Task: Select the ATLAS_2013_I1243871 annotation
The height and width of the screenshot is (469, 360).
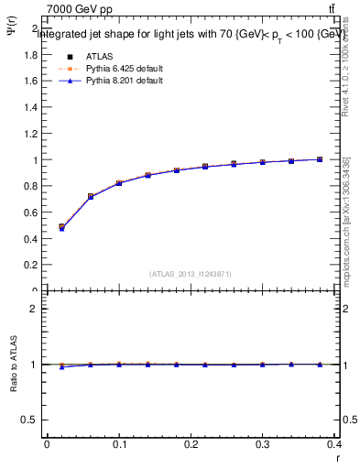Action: [190, 274]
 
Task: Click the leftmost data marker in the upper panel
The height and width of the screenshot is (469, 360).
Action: [62, 227]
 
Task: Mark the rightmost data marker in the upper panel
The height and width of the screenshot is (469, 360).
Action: [320, 159]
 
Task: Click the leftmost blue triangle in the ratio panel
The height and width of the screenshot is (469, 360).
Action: [62, 366]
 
